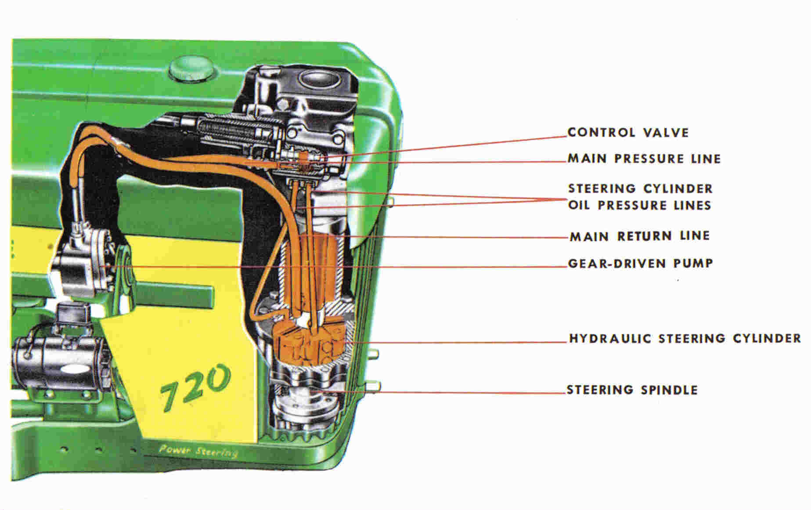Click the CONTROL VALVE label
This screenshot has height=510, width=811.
pos(628,133)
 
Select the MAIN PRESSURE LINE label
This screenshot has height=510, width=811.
pos(644,159)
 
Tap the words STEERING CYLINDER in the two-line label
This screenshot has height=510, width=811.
pos(640,189)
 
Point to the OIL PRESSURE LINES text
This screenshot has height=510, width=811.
pos(639,206)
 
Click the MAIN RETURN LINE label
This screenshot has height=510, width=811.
pos(639,236)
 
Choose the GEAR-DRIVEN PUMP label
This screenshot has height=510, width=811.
pos(640,264)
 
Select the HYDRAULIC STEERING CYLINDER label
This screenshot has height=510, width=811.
pos(685,339)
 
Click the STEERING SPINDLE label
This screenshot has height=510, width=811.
pos(632,390)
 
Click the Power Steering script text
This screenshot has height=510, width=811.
pos(198,451)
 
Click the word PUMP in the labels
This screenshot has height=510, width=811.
pos(693,264)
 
